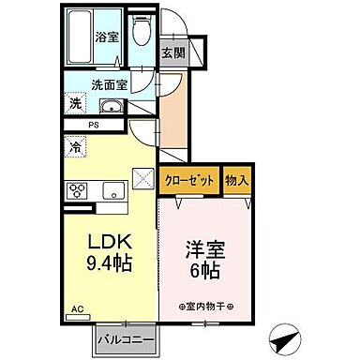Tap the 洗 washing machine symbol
pos(73,103)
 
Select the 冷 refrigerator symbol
pos(73,146)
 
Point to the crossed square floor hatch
pos(143,175)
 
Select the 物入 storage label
pos(237,182)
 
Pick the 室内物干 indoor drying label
pos(207,307)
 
